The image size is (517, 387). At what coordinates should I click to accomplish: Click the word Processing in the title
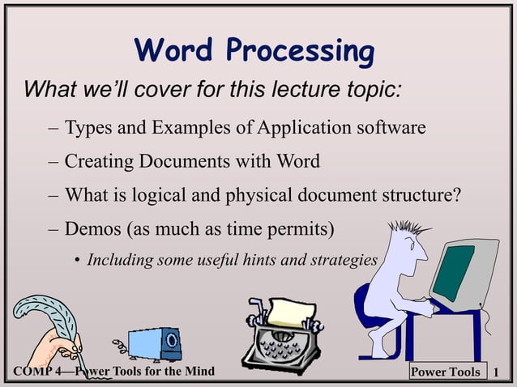pos(300,53)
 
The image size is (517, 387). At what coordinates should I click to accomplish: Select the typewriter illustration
pos(283,336)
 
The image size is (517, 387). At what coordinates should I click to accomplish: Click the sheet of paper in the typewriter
pos(293,312)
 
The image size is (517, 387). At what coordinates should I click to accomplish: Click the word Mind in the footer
pos(199,372)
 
